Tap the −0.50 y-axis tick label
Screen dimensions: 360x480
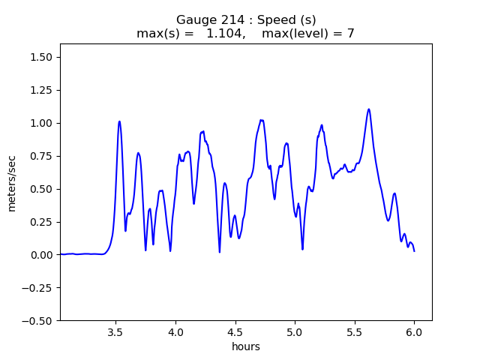(x=39, y=321)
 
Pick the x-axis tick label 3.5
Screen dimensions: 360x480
(x=115, y=331)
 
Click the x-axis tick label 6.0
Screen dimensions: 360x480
(x=414, y=331)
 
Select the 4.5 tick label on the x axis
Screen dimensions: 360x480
(x=235, y=331)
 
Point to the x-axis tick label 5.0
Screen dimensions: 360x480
(x=295, y=331)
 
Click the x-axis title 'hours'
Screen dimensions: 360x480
(x=246, y=346)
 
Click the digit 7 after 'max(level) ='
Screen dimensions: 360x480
(x=350, y=34)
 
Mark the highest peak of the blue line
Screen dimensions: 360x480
(x=369, y=109)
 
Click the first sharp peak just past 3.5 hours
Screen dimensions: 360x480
(x=119, y=121)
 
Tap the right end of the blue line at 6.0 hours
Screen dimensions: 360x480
(x=414, y=250)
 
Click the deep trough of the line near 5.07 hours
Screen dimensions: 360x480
(x=302, y=249)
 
